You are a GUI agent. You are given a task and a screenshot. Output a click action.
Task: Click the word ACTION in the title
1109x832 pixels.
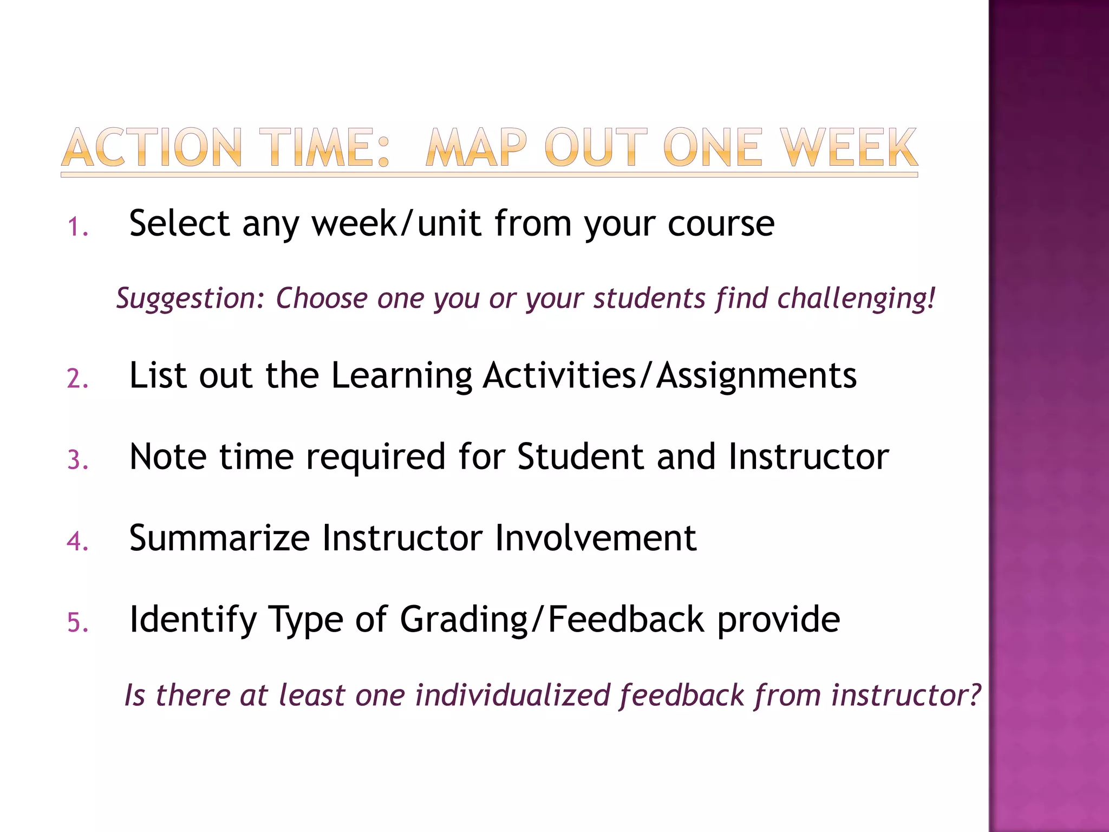pyautogui.click(x=152, y=147)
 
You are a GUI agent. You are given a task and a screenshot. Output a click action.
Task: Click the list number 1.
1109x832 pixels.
pyautogui.click(x=77, y=227)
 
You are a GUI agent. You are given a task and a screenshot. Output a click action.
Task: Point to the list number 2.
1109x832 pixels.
pyautogui.click(x=77, y=379)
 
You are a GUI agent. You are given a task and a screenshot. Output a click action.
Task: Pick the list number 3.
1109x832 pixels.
pyautogui.click(x=77, y=460)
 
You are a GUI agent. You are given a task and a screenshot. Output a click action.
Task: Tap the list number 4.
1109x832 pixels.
pyautogui.click(x=77, y=542)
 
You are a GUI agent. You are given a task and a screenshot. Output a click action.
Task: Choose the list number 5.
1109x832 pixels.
pyautogui.click(x=77, y=623)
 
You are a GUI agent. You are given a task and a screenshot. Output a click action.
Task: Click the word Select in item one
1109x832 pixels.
pyautogui.click(x=179, y=223)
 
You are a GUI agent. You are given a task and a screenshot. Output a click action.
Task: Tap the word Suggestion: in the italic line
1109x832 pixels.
pyautogui.click(x=190, y=298)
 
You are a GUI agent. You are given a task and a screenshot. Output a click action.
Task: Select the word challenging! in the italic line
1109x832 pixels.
pyautogui.click(x=856, y=298)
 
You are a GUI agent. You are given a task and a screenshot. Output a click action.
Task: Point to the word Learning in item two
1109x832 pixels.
pyautogui.click(x=401, y=376)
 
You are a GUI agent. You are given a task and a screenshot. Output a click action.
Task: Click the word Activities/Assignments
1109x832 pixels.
pyautogui.click(x=669, y=375)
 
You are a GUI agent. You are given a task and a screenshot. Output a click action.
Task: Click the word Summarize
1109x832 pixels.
pyautogui.click(x=219, y=538)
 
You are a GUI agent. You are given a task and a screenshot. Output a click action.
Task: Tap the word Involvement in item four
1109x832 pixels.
pyautogui.click(x=596, y=538)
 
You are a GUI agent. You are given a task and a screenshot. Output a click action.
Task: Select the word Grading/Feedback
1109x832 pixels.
pyautogui.click(x=552, y=620)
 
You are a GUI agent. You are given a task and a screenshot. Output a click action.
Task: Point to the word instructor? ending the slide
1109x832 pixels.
pyautogui.click(x=905, y=695)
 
